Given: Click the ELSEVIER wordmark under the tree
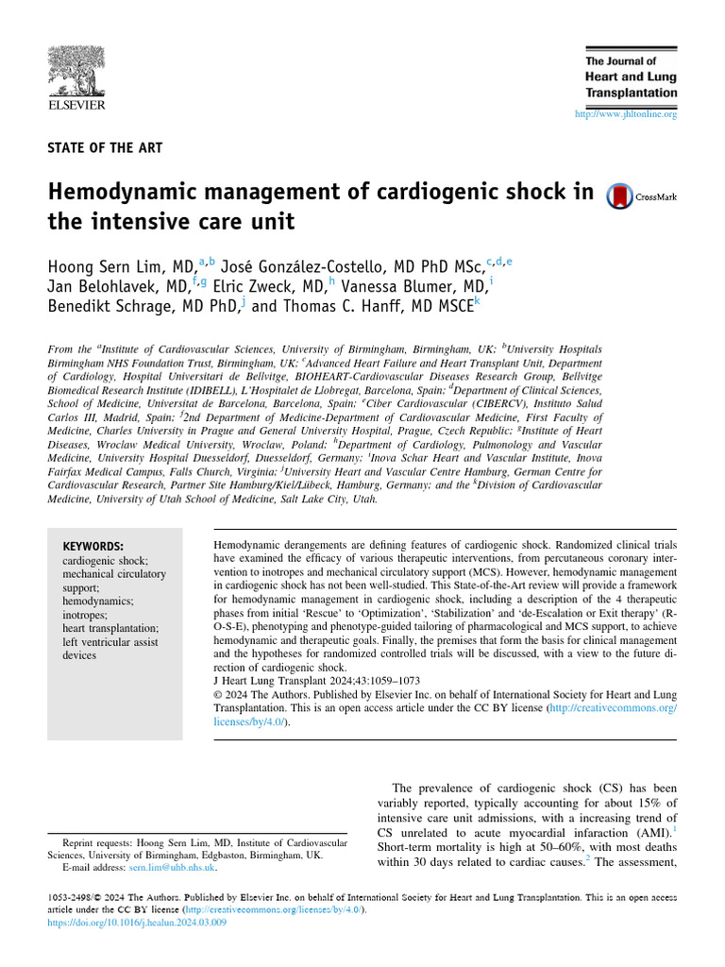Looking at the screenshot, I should (76, 106).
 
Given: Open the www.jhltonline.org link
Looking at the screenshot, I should (626, 114).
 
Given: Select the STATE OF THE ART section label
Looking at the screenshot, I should (105, 148).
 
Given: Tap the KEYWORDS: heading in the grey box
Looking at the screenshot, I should (93, 547).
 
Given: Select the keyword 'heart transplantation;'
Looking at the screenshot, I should (110, 628).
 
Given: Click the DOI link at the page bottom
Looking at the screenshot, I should (136, 922).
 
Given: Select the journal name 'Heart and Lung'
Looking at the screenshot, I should (631, 76).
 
